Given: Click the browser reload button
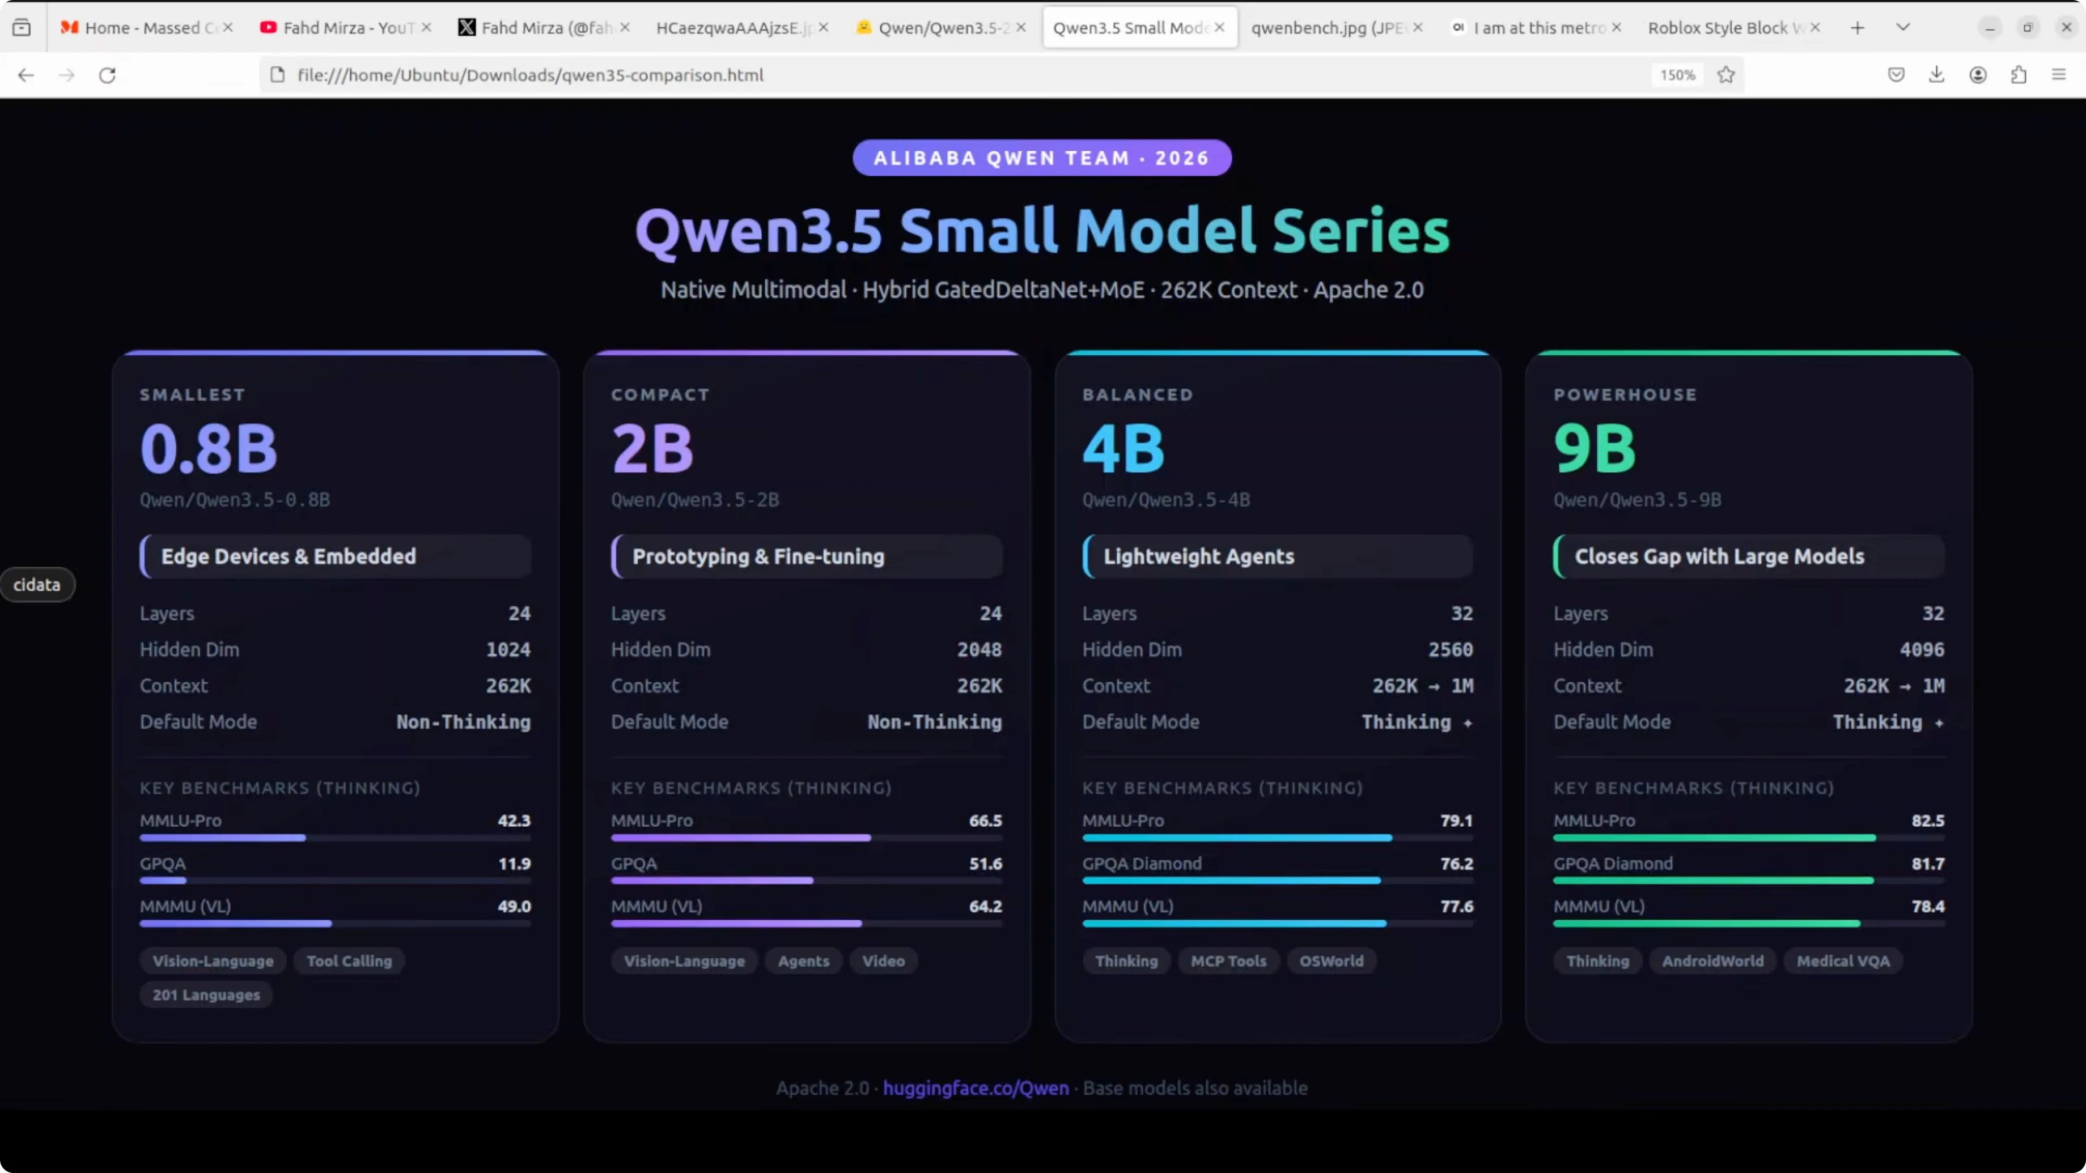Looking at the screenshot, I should tap(108, 75).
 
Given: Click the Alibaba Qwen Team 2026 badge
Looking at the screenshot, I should tap(1041, 158).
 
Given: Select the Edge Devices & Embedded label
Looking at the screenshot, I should tap(289, 556).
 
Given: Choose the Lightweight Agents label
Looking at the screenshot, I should tap(1198, 556).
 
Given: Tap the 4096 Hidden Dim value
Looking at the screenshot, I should tap(1921, 649).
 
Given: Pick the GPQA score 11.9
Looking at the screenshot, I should tap(514, 864).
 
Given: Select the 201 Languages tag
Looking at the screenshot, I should tap(206, 995).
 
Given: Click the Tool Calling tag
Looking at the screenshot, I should tap(349, 961).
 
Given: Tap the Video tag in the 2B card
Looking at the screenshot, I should tap(883, 961).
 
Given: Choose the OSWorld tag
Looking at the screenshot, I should tap(1332, 961).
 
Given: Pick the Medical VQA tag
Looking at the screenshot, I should tap(1842, 961).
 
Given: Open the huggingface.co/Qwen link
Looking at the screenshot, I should tap(975, 1088).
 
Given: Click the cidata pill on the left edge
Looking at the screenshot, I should tap(36, 584).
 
